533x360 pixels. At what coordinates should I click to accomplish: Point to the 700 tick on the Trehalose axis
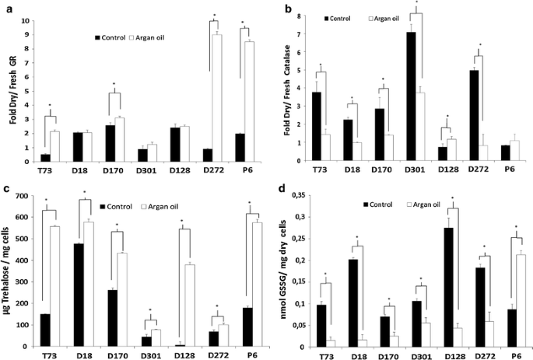[30, 192]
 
